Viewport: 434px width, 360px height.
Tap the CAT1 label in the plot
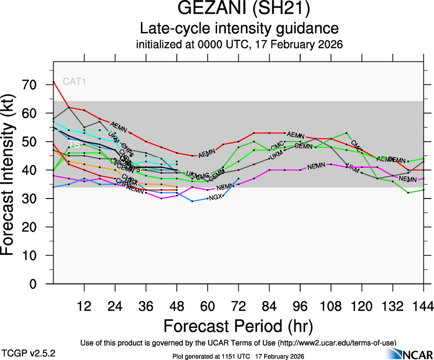tap(75, 82)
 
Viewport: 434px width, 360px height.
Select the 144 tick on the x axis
tap(423, 306)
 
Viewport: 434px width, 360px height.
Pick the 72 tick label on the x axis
tap(238, 306)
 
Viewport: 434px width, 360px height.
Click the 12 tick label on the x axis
tap(84, 306)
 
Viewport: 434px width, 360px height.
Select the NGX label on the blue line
tap(216, 198)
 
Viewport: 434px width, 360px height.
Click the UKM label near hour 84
tap(276, 156)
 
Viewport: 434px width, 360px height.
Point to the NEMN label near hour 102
tap(316, 166)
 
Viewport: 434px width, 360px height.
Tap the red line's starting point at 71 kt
tap(54, 82)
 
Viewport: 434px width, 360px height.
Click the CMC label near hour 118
tap(356, 144)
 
